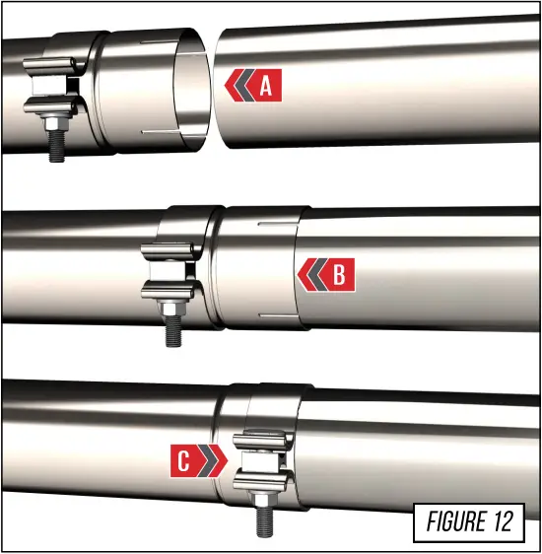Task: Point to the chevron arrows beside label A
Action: tap(237, 87)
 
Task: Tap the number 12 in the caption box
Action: tap(501, 521)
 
